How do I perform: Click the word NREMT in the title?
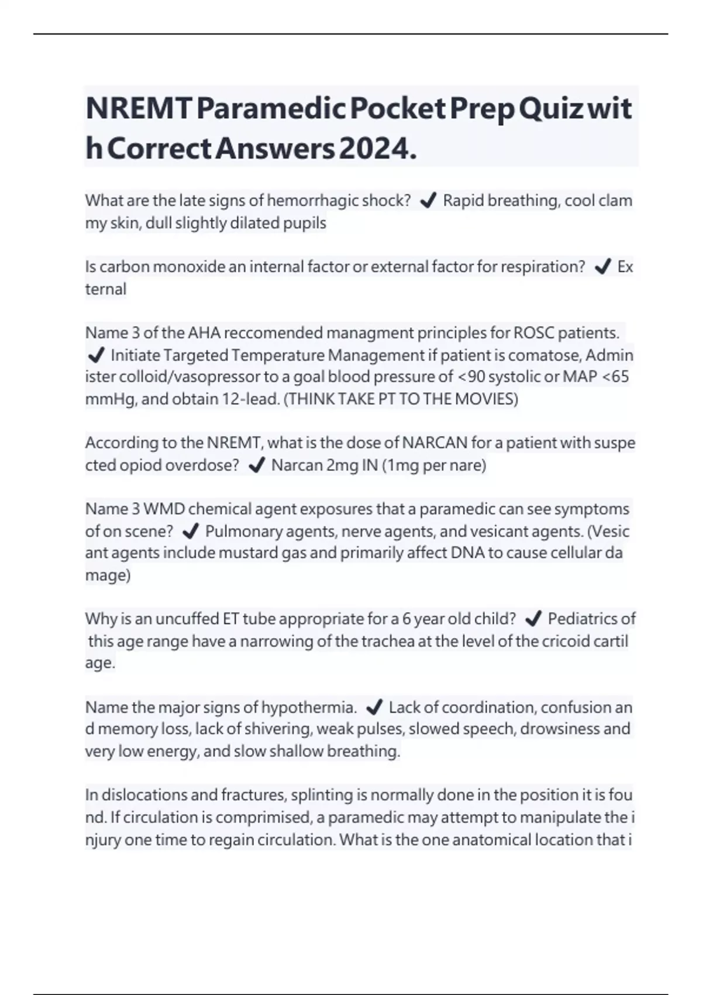[139, 109]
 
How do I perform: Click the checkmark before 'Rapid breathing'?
[428, 201]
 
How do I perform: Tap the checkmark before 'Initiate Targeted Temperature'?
[95, 355]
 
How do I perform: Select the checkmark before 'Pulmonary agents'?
[191, 531]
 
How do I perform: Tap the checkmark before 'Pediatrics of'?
[533, 619]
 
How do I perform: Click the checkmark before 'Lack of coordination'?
[374, 708]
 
